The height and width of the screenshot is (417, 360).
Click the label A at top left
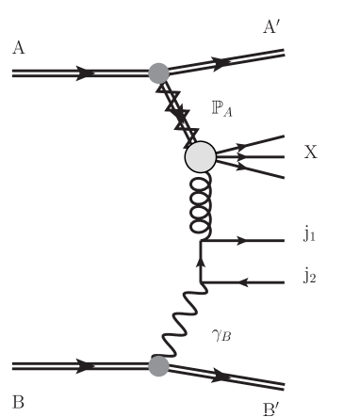[19, 47]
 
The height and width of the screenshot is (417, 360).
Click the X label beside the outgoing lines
[310, 152]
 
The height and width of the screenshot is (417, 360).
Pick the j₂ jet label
[309, 275]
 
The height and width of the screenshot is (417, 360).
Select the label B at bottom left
[18, 398]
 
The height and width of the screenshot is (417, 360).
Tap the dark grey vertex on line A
[159, 71]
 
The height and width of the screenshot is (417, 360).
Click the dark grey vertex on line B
[159, 364]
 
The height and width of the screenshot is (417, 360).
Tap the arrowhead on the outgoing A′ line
[223, 63]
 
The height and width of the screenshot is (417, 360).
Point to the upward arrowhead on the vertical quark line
[201, 260]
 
